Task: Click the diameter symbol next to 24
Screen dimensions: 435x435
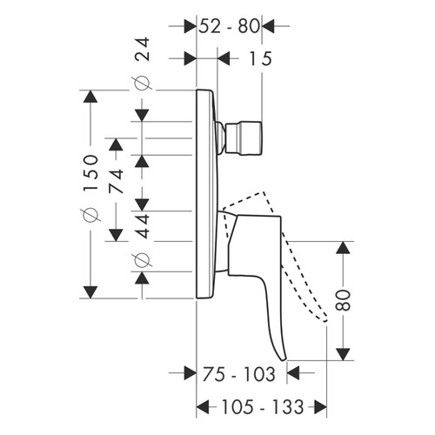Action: (x=144, y=84)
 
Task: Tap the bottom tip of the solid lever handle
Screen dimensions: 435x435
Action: (x=279, y=357)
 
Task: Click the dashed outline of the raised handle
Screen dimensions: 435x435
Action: (x=296, y=252)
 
